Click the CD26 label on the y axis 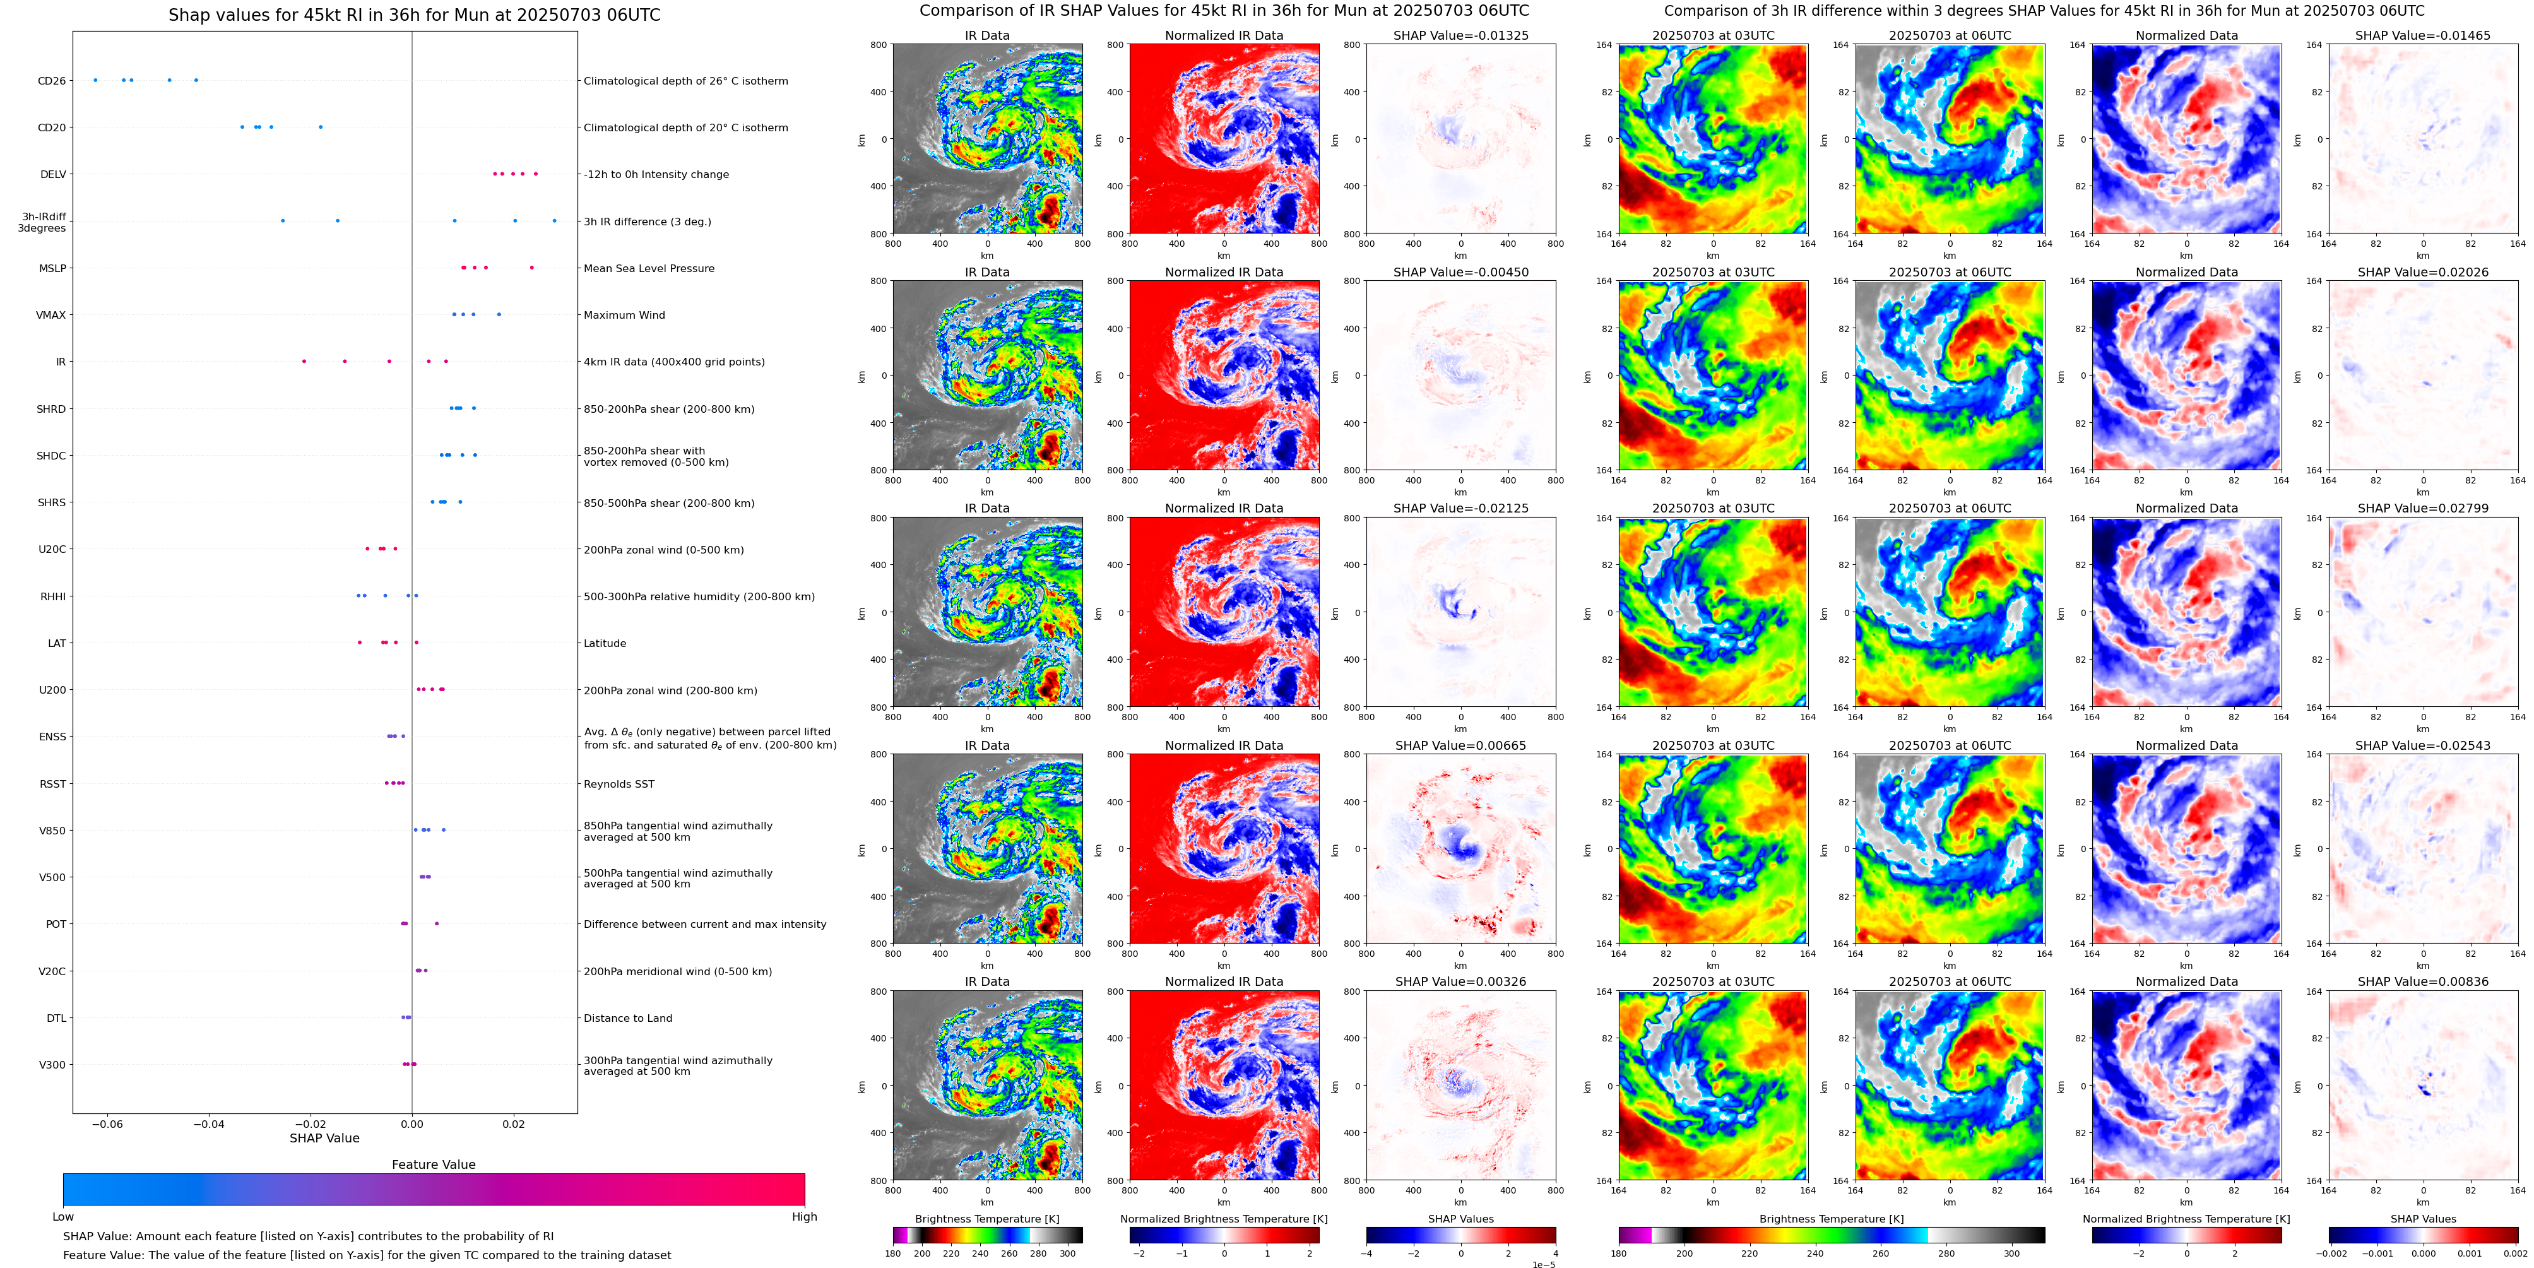[x=51, y=81]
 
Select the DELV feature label [x=53, y=174]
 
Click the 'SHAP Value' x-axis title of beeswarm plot [x=324, y=1138]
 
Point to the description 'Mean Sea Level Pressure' [x=648, y=268]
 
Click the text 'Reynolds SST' [x=619, y=784]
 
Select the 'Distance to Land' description [x=627, y=1018]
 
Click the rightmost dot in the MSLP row [x=532, y=268]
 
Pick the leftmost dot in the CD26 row [x=95, y=80]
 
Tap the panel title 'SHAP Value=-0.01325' [x=1461, y=35]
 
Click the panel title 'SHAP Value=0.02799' [x=2423, y=509]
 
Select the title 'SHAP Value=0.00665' [x=1461, y=745]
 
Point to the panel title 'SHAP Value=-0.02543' [x=2423, y=745]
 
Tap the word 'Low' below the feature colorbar [x=63, y=1217]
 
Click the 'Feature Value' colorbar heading [x=434, y=1164]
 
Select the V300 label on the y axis [x=52, y=1064]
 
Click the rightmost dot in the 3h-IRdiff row [x=555, y=220]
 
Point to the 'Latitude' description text [x=605, y=643]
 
